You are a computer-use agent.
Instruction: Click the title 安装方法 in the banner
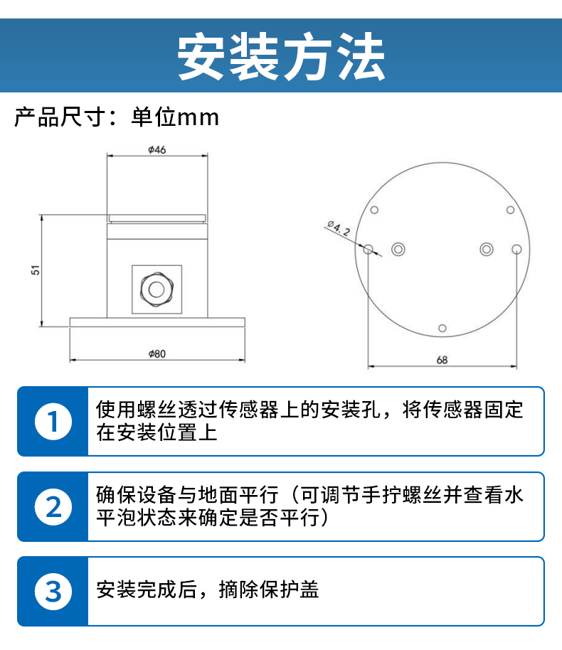(281, 56)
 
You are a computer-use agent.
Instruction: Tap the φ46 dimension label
(157, 149)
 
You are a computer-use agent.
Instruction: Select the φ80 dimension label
(157, 353)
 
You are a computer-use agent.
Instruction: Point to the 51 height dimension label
(36, 270)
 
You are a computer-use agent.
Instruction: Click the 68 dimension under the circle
(442, 360)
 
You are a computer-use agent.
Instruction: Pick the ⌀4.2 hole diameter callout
(339, 228)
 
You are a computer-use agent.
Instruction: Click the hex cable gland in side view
(157, 289)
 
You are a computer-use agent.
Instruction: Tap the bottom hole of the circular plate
(442, 329)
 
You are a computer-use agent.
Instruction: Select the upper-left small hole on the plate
(374, 211)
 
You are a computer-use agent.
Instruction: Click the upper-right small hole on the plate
(510, 211)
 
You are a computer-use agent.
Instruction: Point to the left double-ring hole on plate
(398, 249)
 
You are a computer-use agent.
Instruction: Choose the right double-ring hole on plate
(486, 249)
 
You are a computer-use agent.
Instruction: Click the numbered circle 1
(53, 422)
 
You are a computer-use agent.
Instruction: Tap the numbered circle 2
(53, 506)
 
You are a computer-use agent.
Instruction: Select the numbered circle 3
(53, 592)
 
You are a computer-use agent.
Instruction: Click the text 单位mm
(174, 117)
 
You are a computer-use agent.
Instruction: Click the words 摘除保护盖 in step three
(269, 590)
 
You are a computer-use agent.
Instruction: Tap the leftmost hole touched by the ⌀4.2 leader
(368, 249)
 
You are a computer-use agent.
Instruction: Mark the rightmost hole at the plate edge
(516, 249)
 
